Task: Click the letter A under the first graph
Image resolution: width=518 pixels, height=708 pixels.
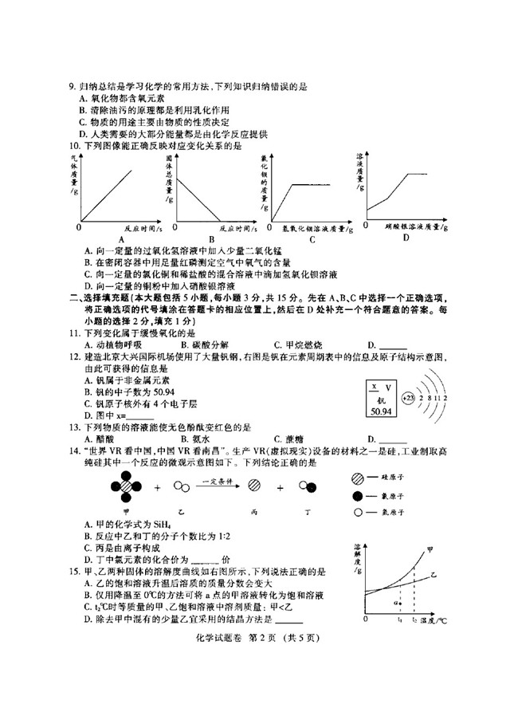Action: tap(122, 238)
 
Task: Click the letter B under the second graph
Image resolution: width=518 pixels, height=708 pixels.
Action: tap(211, 238)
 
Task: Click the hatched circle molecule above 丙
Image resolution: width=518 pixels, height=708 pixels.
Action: tap(255, 485)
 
